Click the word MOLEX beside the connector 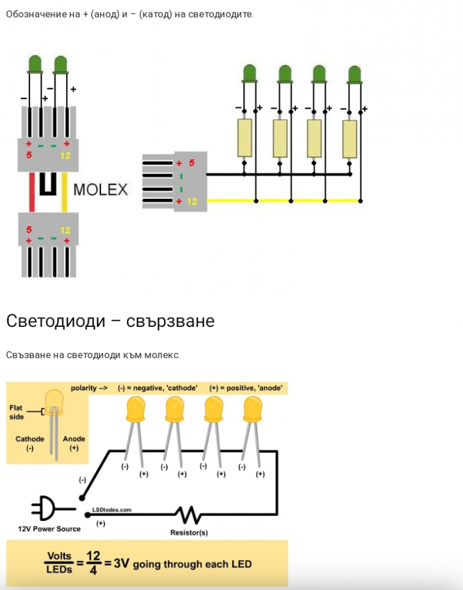click(x=100, y=189)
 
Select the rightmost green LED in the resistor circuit click(x=354, y=74)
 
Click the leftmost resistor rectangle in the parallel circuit click(x=245, y=137)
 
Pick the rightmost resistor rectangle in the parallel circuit click(x=350, y=139)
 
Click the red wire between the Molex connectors click(x=32, y=192)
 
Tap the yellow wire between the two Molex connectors click(x=64, y=192)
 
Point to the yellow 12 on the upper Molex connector click(x=65, y=155)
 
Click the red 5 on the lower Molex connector click(x=29, y=230)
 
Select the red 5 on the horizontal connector click(x=192, y=163)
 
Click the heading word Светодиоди click(x=55, y=321)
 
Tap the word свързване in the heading click(x=170, y=322)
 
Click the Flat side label click(x=17, y=412)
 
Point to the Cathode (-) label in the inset click(x=29, y=443)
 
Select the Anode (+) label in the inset click(x=74, y=443)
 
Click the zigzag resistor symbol click(x=188, y=515)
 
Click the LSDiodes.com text click(x=111, y=510)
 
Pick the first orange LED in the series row click(x=136, y=410)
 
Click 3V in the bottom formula click(x=121, y=563)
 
